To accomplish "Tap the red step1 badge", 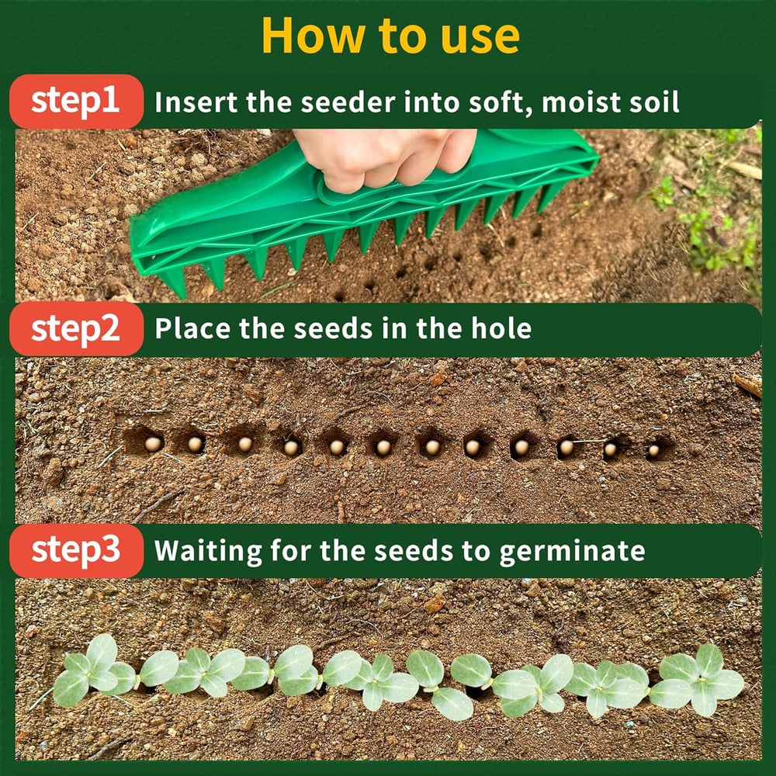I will (76, 102).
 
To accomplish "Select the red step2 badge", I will (76, 328).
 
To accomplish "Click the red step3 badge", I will (76, 550).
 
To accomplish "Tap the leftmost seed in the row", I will (153, 443).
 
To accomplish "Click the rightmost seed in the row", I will (653, 450).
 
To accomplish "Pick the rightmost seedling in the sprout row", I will (702, 679).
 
